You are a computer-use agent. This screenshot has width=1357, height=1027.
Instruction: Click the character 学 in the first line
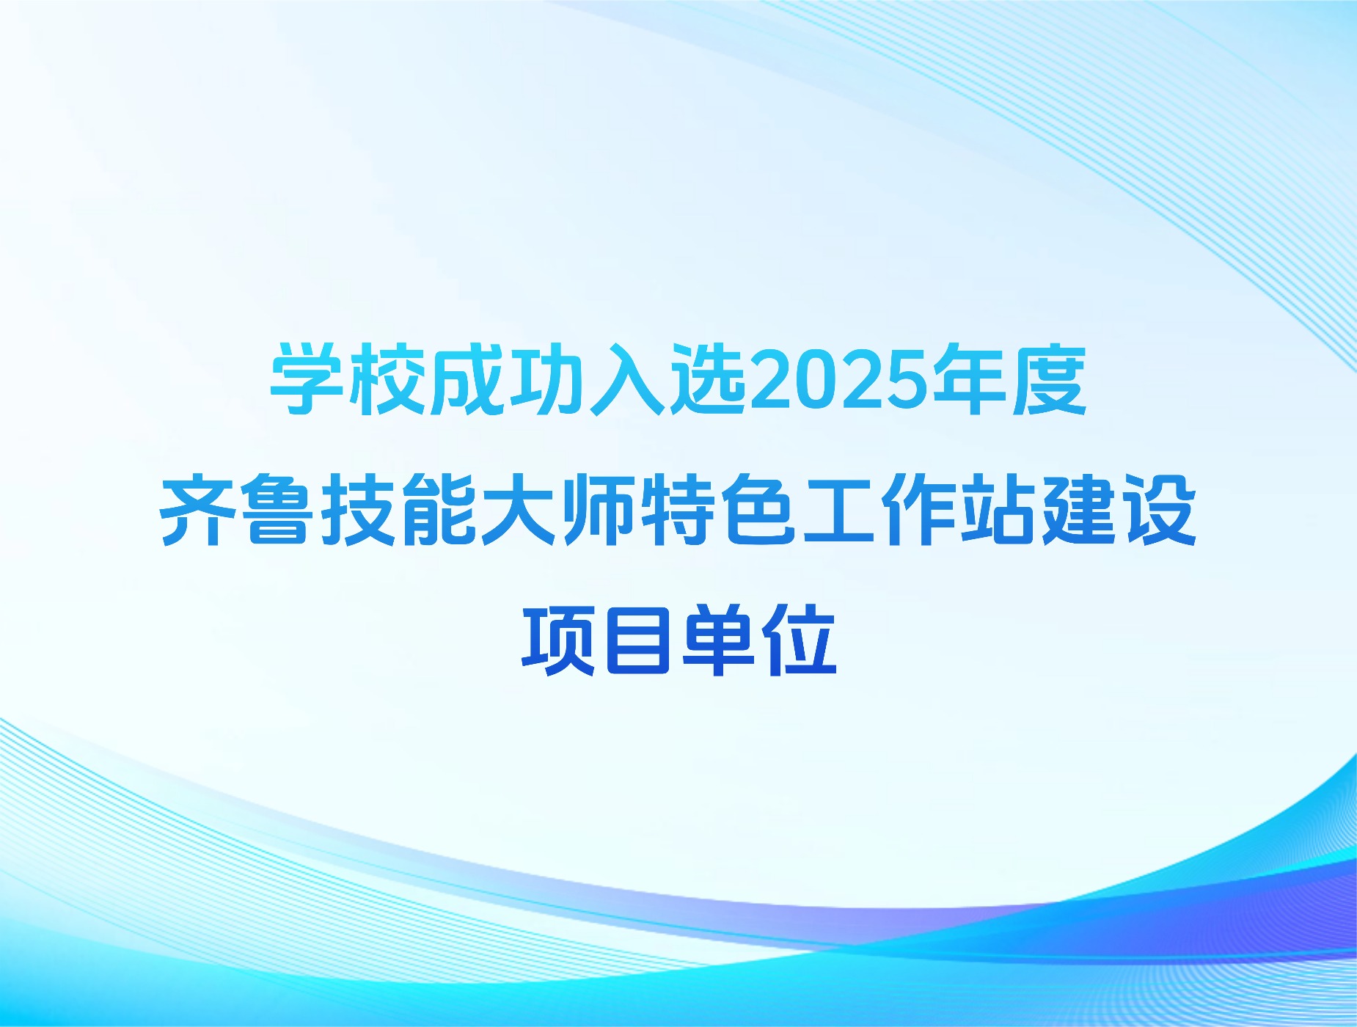point(307,381)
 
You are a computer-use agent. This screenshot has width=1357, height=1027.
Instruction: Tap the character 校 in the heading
point(388,381)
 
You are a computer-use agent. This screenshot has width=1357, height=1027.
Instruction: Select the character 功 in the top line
point(549,381)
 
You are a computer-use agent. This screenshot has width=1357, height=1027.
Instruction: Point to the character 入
point(630,381)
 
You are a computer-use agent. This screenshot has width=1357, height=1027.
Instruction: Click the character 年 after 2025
point(970,381)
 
